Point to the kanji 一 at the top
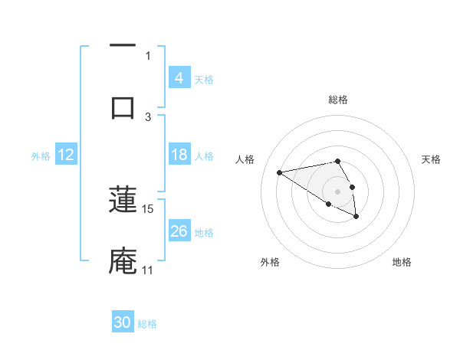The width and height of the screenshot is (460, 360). pos(123,45)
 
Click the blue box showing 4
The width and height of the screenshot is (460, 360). pos(179,78)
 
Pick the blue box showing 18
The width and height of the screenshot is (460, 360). pos(179,155)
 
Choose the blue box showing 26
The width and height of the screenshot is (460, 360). pos(179,231)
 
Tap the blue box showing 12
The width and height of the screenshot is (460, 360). pos(66,155)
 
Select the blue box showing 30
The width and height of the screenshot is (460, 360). pos(123,322)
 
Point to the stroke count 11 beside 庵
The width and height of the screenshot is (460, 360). pos(148,270)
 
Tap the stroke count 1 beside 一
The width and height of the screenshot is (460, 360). pos(148,55)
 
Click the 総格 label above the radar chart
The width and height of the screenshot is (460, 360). pos(338,100)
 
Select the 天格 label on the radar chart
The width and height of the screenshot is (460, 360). pos(431,159)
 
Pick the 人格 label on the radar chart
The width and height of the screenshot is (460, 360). pos(245,159)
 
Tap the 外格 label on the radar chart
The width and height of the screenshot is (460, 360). pos(269,262)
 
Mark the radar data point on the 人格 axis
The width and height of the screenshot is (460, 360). pos(280,172)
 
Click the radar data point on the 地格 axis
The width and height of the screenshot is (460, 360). pos(356,217)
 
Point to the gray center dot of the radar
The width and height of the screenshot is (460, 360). pos(337,191)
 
